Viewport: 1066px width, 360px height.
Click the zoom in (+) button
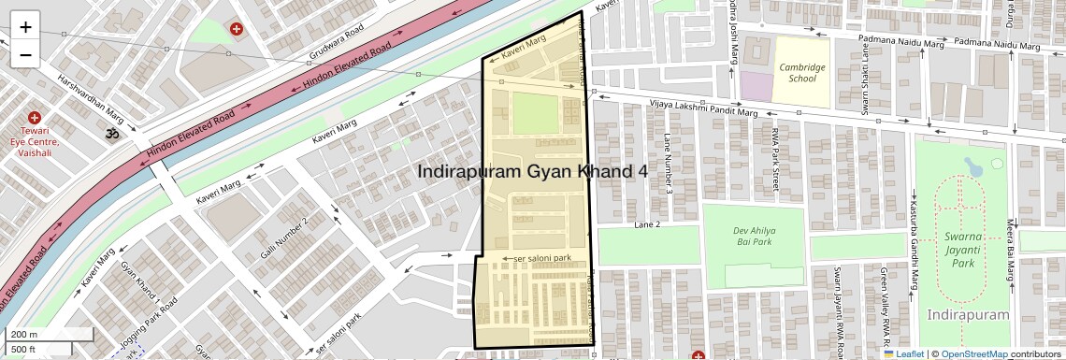coord(25,26)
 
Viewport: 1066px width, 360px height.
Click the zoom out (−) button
coord(25,54)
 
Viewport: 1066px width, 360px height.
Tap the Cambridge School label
coord(802,73)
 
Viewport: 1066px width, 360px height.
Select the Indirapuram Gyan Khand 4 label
coord(532,172)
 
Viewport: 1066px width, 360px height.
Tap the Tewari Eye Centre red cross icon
coord(35,118)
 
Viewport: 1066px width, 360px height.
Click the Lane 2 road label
coord(647,225)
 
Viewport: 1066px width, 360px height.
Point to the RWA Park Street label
coord(774,162)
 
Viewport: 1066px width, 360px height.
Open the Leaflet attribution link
coord(903,353)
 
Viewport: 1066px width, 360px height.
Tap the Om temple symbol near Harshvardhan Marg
coord(113,135)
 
